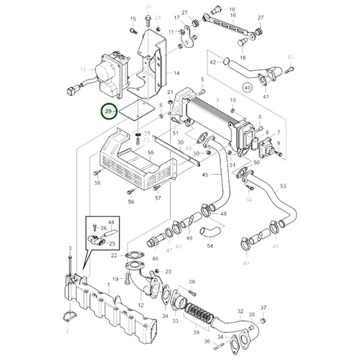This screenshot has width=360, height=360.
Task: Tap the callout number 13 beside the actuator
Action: pyautogui.click(x=83, y=69)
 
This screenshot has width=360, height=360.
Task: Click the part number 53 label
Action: pyautogui.click(x=283, y=185)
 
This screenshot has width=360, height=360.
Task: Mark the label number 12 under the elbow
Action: pyautogui.click(x=141, y=305)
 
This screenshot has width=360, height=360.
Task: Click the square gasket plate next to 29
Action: pyautogui.click(x=138, y=113)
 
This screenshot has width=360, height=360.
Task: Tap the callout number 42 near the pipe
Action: pyautogui.click(x=212, y=62)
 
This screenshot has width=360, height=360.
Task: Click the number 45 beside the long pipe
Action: pyautogui.click(x=205, y=176)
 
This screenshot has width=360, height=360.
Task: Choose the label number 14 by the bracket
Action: pyautogui.click(x=176, y=72)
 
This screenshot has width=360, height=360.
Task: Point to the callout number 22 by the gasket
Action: pyautogui.click(x=114, y=255)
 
